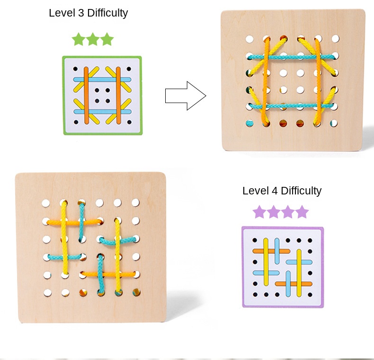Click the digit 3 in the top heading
81,13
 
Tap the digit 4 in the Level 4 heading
275,191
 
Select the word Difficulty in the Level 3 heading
107,13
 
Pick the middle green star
93,39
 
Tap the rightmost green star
107,39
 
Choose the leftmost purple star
259,212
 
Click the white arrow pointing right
186,96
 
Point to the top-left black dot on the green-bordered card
75,69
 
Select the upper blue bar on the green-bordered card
102,79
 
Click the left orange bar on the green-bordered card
86,96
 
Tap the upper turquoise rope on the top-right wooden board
291,57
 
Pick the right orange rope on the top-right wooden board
318,81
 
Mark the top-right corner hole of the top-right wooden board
335,38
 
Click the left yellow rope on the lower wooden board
64,238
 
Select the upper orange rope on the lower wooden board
74,223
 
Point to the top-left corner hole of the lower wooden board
46,203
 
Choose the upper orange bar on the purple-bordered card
271,251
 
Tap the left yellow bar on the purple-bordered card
266,262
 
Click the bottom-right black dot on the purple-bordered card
310,295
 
